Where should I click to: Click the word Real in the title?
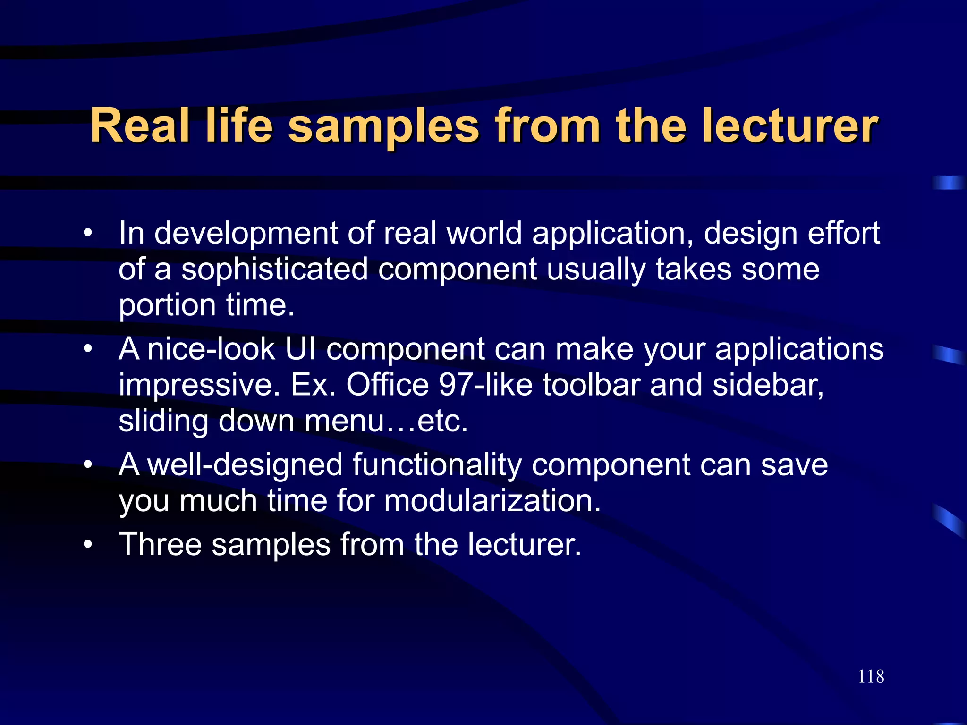click(x=140, y=126)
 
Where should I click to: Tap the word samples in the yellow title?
click(x=383, y=126)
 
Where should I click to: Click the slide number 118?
click(x=871, y=676)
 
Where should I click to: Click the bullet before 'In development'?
click(x=87, y=233)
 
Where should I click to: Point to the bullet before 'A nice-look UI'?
click(x=87, y=349)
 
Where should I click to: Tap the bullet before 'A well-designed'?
click(x=87, y=465)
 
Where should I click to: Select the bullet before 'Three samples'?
click(x=87, y=545)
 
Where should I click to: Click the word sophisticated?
click(x=275, y=270)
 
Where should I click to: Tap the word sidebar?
click(x=767, y=385)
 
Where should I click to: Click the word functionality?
click(x=437, y=465)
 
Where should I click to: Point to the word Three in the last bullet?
click(x=160, y=545)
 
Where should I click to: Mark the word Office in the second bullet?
click(x=387, y=385)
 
